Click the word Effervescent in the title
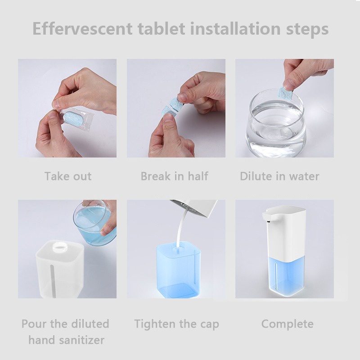pyautogui.click(x=82, y=28)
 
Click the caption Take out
pyautogui.click(x=68, y=176)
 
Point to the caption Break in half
pyautogui.click(x=175, y=176)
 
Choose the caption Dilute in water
pyautogui.click(x=279, y=176)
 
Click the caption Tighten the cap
pyautogui.click(x=176, y=324)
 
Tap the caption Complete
pyautogui.click(x=288, y=324)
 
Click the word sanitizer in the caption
pyautogui.click(x=82, y=340)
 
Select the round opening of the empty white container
pyautogui.click(x=60, y=247)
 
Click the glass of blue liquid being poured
pyautogui.click(x=94, y=223)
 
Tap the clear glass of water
pyautogui.click(x=276, y=123)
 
